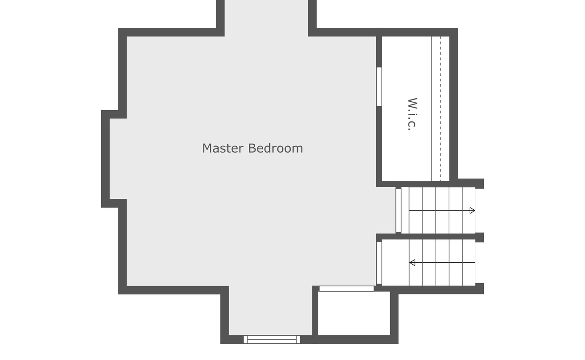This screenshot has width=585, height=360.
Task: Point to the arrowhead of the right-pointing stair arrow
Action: tap(472, 211)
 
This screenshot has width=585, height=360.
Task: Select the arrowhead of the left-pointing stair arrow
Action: tap(412, 263)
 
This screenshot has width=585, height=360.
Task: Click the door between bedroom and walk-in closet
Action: tap(379, 86)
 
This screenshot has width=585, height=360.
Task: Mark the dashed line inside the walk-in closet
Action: tap(441, 108)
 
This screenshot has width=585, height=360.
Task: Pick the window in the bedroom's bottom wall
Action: tap(272, 339)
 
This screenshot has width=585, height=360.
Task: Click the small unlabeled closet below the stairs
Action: tap(354, 313)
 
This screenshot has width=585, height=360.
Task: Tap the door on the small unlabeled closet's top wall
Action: tap(346, 288)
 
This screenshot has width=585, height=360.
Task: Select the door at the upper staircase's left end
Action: tap(398, 210)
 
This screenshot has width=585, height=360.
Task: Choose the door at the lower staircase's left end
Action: tap(379, 263)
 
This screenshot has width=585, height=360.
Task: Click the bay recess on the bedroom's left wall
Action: tap(114, 158)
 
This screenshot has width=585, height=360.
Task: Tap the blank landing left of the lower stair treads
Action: tap(395, 263)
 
